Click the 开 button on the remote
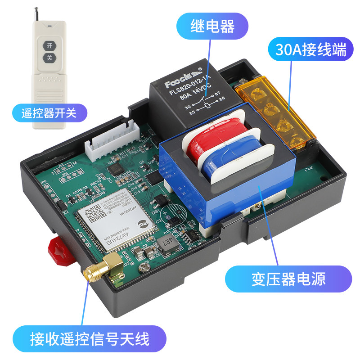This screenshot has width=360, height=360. coord(49,45)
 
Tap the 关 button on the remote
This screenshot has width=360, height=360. coord(49,58)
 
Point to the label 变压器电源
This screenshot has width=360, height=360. coord(288,279)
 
